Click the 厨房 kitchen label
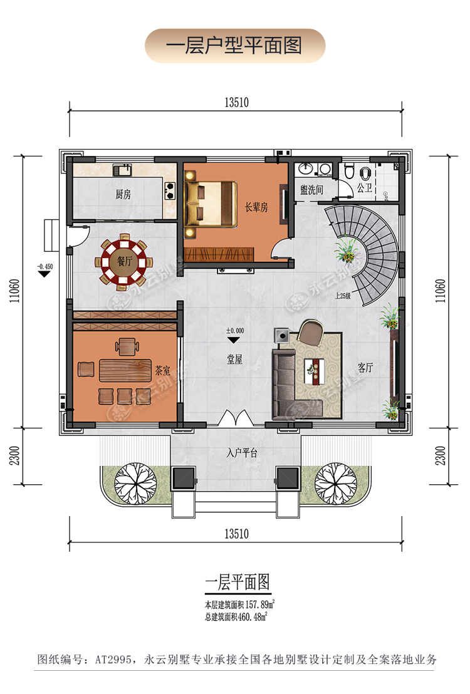(x=123, y=194)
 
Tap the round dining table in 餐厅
(x=123, y=262)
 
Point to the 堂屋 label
(x=235, y=359)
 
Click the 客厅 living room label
(x=365, y=368)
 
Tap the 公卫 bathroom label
(x=365, y=187)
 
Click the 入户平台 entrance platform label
(x=242, y=453)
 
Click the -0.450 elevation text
(x=44, y=266)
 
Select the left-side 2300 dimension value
(x=14, y=455)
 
